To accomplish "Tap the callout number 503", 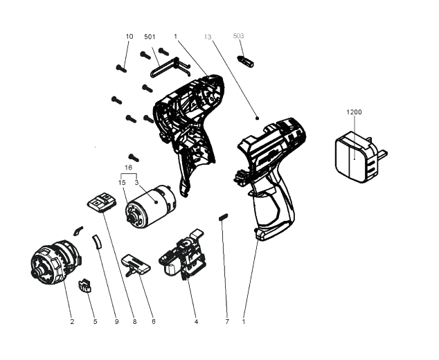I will tap(239, 35).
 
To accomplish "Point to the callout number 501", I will tap(150, 36).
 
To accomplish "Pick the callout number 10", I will tap(129, 36).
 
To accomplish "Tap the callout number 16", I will tap(127, 168).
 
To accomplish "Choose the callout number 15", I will tap(121, 182).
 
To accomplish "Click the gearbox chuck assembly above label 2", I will tap(55, 264).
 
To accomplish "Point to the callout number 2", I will tap(71, 321).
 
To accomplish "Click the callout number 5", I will tap(95, 321).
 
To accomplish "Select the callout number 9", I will tap(117, 321).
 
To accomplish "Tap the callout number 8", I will tap(134, 321).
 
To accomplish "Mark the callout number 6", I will tap(153, 321).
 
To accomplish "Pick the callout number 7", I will tap(226, 321).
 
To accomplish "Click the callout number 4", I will tap(196, 321).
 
